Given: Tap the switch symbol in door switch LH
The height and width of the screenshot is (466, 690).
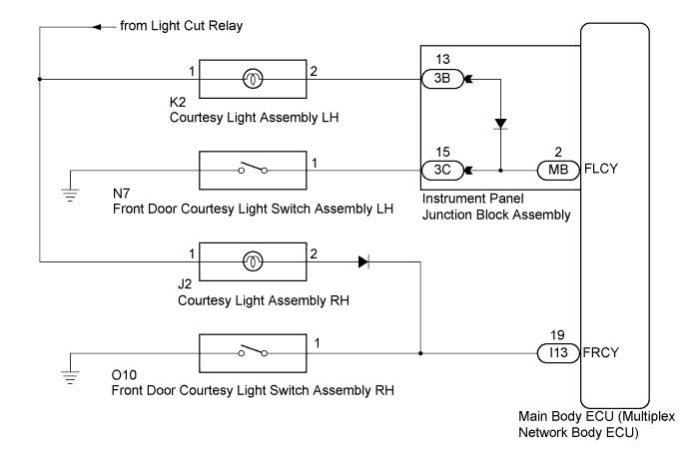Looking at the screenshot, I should pos(253,169).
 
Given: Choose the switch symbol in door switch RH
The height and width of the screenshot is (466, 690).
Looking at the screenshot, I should pos(253,352).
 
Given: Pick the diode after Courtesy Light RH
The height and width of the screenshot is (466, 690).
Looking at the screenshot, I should pos(360,261).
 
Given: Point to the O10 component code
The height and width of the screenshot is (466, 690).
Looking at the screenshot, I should pos(126,376).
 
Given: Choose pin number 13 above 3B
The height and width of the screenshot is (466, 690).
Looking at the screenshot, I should pos(439,60).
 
